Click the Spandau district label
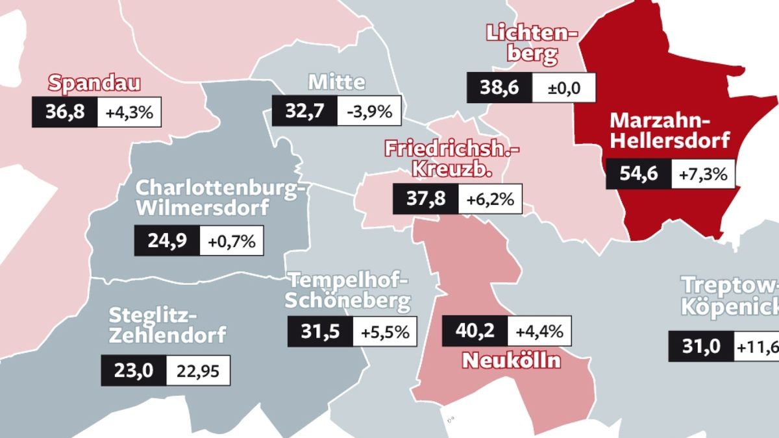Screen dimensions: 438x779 click(95, 84)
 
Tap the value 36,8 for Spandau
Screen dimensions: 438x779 click(65, 112)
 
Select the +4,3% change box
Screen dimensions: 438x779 click(129, 112)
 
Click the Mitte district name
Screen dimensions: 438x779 click(336, 82)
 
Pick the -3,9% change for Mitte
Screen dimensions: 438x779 click(369, 111)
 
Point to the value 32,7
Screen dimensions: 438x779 click(304, 111)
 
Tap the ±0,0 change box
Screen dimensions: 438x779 click(563, 88)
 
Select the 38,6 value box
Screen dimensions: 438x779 click(499, 88)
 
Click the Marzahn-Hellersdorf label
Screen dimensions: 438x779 click(670, 130)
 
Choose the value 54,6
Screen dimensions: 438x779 click(638, 174)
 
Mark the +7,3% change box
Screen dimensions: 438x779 click(703, 174)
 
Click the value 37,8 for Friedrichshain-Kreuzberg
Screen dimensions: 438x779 click(426, 199)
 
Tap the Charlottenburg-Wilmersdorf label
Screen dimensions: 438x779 click(219, 199)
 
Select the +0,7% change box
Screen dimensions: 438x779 click(232, 241)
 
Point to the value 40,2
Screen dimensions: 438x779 click(475, 331)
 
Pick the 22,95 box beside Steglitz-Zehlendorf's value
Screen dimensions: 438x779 click(198, 371)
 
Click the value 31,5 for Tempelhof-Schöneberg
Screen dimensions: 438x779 click(320, 332)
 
